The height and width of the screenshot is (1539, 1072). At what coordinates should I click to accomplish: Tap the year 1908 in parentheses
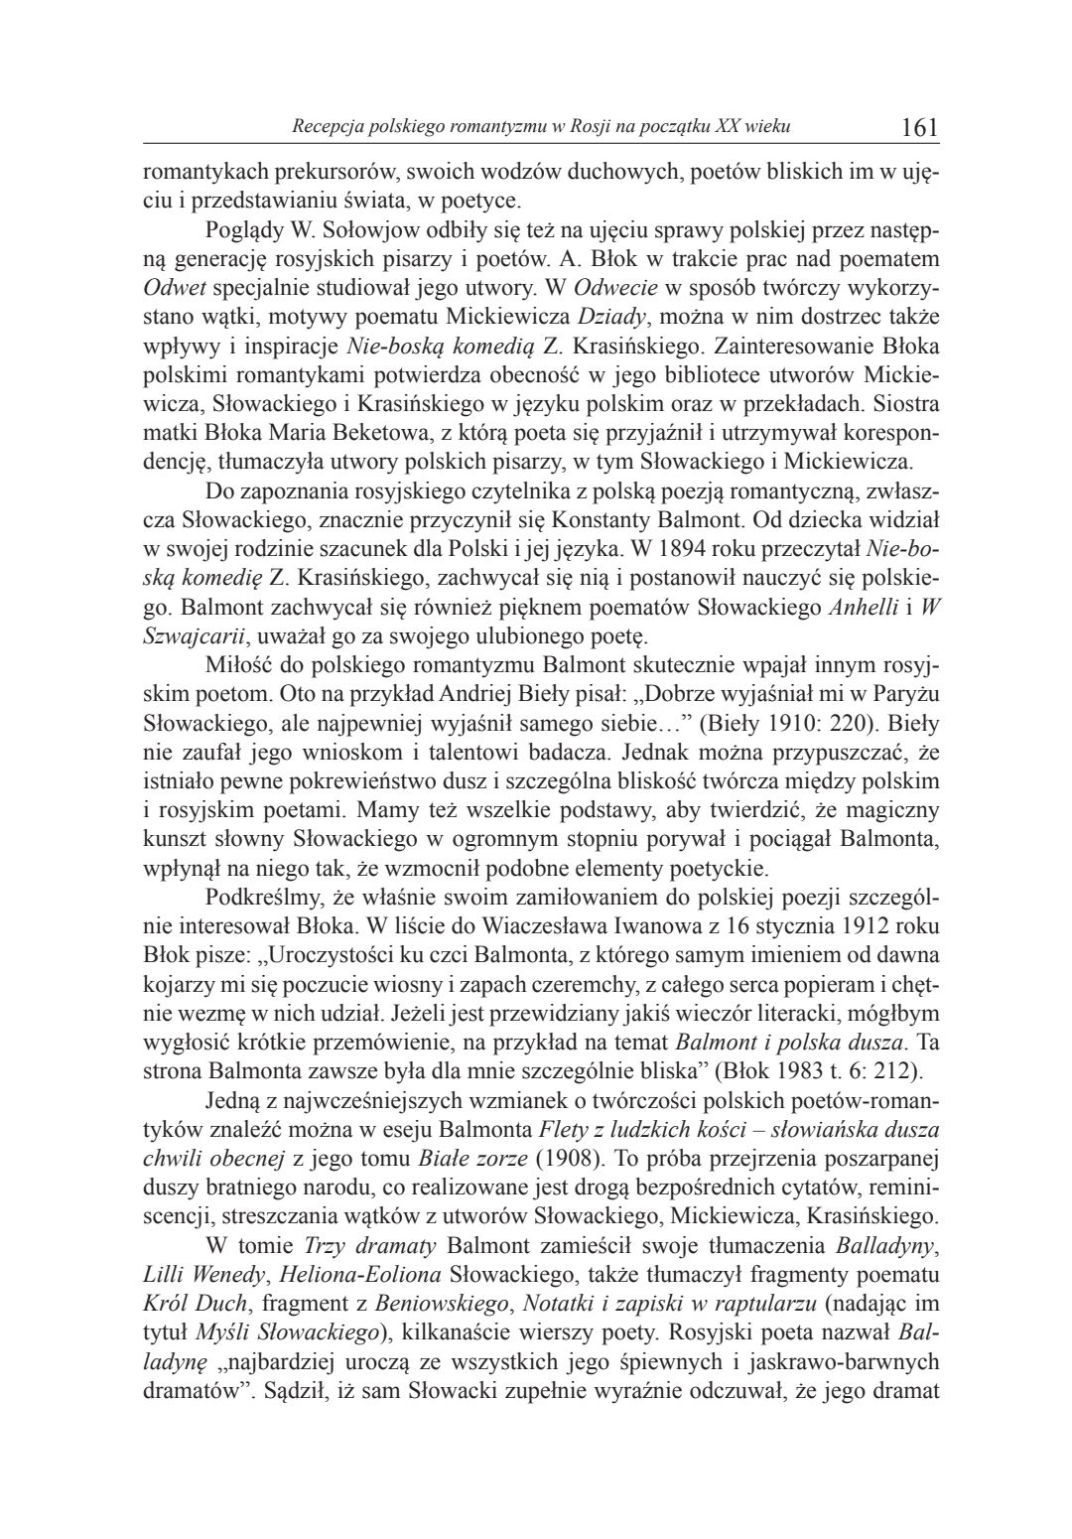(569, 1158)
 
